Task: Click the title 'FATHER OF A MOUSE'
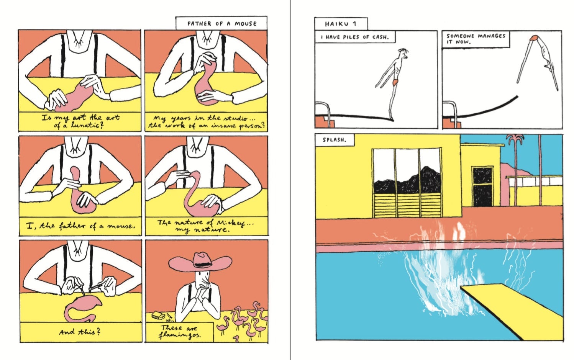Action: [221, 24]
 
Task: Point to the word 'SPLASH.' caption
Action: [334, 140]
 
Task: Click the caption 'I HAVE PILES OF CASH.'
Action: [354, 37]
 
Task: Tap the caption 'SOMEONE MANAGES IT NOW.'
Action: [475, 39]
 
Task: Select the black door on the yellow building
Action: [481, 187]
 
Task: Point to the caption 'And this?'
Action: [80, 332]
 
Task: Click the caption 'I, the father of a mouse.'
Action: [80, 226]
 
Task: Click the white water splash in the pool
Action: [437, 276]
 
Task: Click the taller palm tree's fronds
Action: [515, 139]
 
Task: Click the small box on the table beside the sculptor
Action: [157, 316]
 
